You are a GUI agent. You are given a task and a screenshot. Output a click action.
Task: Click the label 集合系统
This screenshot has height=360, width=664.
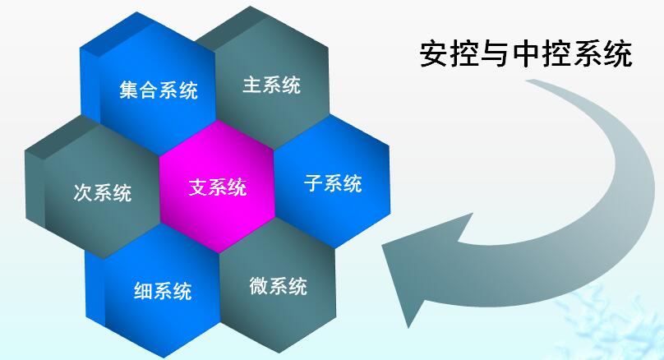[x=159, y=90]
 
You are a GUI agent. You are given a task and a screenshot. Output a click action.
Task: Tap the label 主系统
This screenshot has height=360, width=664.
[x=272, y=85]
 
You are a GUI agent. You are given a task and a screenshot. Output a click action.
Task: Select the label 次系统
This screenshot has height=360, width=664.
[x=103, y=192]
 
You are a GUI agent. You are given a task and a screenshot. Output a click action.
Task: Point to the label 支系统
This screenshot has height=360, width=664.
[x=218, y=187]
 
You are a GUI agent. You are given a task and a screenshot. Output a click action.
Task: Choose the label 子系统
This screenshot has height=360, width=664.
[x=333, y=183]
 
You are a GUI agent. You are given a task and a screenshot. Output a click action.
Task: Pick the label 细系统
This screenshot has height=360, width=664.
[x=163, y=291]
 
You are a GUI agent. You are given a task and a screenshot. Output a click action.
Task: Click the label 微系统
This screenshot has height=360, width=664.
[x=279, y=286]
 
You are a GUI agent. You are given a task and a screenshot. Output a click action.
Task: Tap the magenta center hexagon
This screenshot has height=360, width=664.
[x=218, y=187]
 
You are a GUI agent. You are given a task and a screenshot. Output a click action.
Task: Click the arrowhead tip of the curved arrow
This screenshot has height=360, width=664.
[x=382, y=246]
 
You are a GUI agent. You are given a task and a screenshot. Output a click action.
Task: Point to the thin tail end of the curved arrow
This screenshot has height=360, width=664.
[x=528, y=81]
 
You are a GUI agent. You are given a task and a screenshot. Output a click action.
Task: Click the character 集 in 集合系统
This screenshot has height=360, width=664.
[x=129, y=90]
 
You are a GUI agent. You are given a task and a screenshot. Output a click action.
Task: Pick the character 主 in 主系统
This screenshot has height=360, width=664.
[x=252, y=85]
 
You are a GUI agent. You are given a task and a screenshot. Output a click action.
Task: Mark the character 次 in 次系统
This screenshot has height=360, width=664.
[x=82, y=192]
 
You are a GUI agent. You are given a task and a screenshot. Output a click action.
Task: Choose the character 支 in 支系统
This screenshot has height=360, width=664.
[x=198, y=187]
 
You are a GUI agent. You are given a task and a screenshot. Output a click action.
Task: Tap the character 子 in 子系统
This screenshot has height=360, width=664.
[x=313, y=183]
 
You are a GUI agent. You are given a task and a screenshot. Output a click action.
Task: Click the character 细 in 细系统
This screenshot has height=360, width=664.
[x=144, y=291]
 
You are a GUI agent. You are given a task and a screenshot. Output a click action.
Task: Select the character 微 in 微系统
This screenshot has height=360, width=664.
[x=259, y=286]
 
